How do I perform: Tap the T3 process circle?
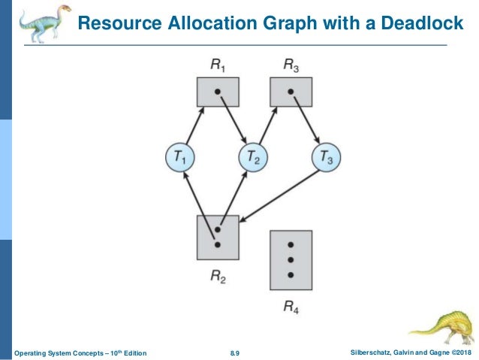tap(325, 157)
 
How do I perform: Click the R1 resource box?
tap(218, 92)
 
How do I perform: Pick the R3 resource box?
tap(291, 92)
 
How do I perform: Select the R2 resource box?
tap(218, 236)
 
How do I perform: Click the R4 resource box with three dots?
tap(291, 260)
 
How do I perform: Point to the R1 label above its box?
tap(218, 65)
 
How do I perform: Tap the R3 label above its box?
tap(291, 65)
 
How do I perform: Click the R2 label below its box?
tap(218, 276)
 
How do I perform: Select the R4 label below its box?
tap(291, 306)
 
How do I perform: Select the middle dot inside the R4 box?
tap(291, 260)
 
